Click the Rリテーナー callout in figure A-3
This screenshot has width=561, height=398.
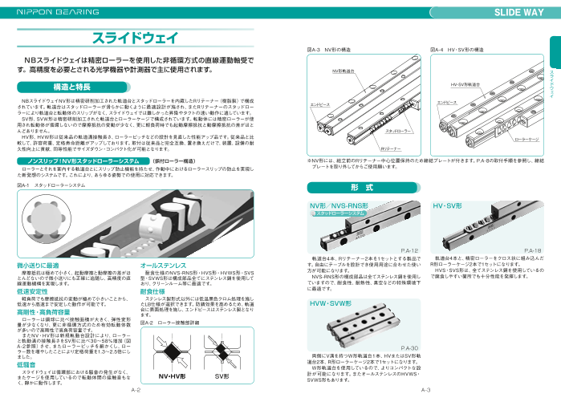[x=391, y=148]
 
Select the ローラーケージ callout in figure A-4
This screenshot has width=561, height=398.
[x=526, y=138]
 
